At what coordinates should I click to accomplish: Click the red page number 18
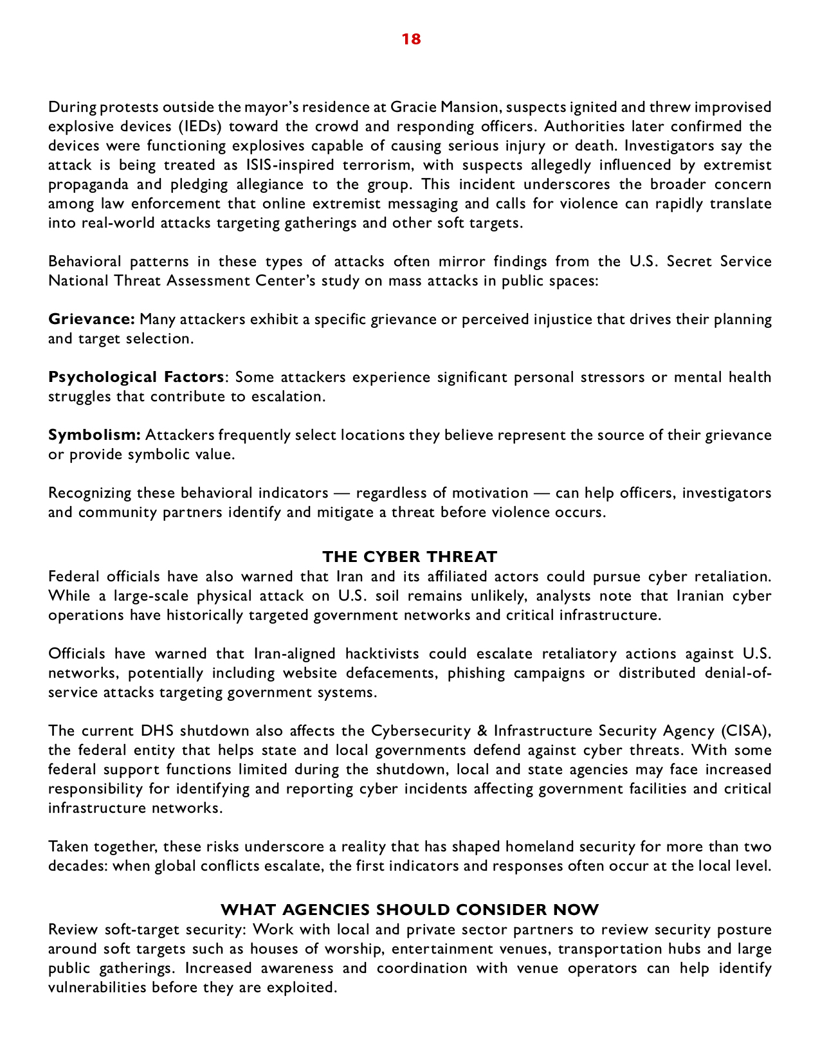click(x=411, y=39)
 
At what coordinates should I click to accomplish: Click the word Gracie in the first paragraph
click(x=412, y=107)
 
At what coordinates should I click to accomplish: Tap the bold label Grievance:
click(x=91, y=319)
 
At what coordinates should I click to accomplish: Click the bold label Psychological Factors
click(x=136, y=377)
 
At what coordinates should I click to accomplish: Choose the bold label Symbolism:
click(x=95, y=435)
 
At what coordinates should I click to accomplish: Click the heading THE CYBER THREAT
click(x=410, y=556)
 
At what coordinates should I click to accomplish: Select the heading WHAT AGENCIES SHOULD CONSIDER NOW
click(x=410, y=910)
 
